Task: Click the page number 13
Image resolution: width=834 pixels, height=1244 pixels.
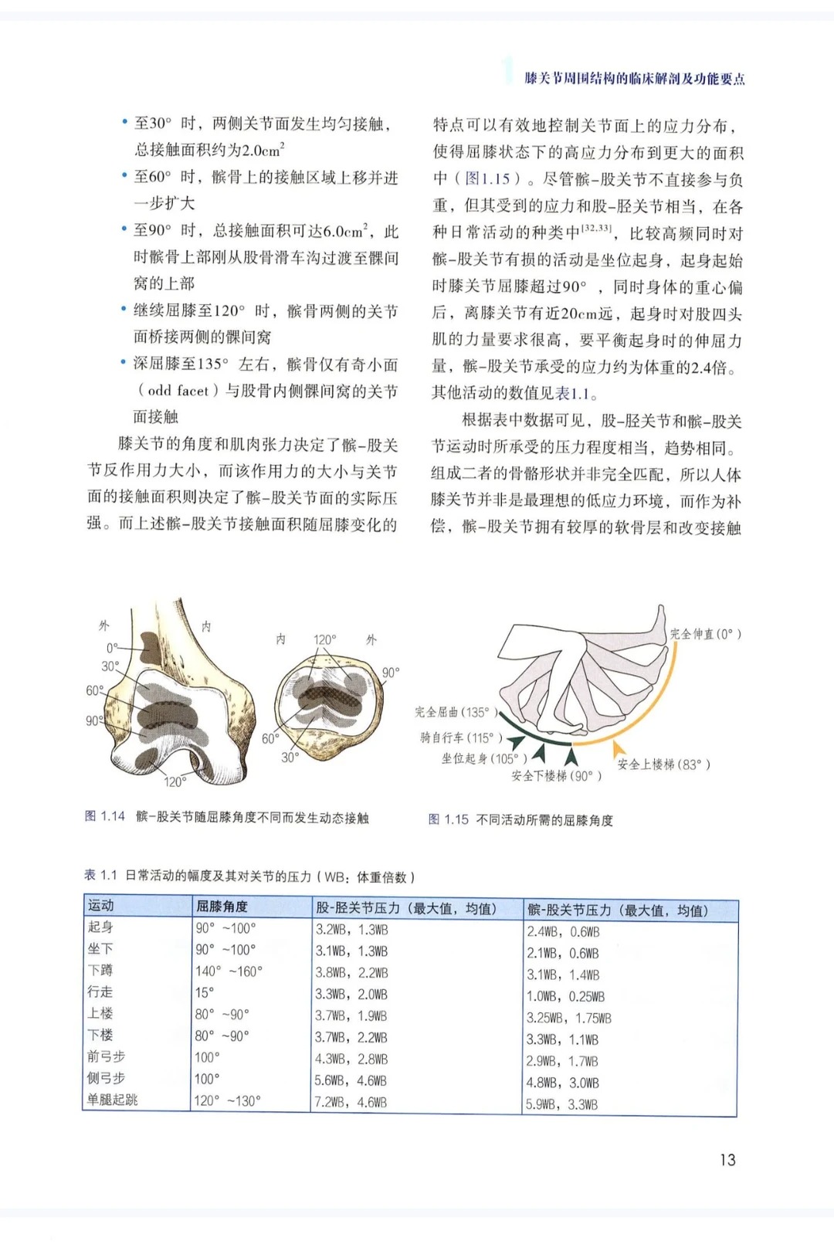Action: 727,1159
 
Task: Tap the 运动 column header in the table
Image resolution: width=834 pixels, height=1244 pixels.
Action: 101,905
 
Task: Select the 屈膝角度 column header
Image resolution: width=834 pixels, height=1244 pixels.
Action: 222,906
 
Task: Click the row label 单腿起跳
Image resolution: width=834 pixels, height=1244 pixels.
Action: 113,1100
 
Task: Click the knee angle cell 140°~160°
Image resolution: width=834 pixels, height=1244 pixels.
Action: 229,971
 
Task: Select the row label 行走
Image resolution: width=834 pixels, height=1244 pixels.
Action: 100,991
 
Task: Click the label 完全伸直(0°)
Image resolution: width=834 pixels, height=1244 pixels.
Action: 705,634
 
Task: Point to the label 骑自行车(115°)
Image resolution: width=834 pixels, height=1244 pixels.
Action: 461,737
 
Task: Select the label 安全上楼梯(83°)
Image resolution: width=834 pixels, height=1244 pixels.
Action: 663,764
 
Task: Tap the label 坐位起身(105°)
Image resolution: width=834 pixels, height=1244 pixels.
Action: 484,758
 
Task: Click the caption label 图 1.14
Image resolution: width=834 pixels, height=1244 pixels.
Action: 104,816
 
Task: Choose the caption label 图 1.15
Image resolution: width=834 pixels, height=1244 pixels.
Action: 448,819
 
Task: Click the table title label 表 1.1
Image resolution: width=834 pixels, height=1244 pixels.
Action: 100,876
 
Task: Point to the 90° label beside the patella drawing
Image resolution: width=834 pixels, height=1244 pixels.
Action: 391,673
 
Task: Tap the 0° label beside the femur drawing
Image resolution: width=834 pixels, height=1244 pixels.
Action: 113,648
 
